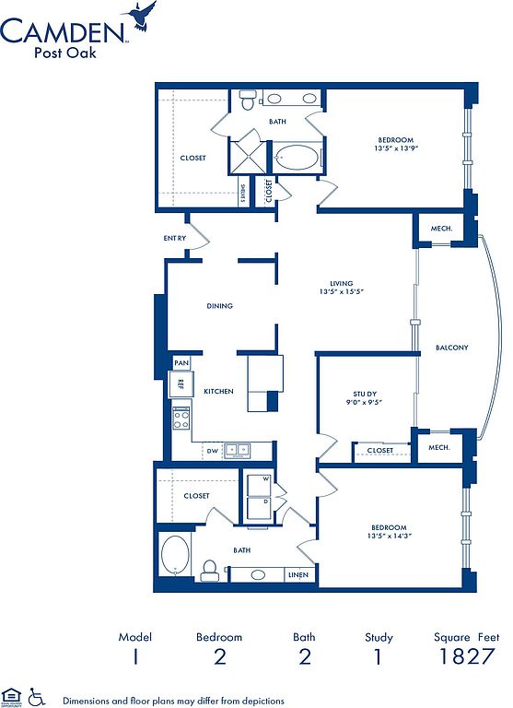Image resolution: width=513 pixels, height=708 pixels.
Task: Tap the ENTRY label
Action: pyautogui.click(x=175, y=238)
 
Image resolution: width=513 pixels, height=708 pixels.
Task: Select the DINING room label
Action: pyautogui.click(x=220, y=306)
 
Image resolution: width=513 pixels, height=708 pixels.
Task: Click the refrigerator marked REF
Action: pyautogui.click(x=181, y=383)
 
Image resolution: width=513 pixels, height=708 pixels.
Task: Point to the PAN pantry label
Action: pyautogui.click(x=181, y=362)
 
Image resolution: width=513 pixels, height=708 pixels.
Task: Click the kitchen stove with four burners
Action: pyautogui.click(x=181, y=419)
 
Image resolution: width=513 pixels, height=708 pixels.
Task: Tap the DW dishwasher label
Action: pyautogui.click(x=213, y=451)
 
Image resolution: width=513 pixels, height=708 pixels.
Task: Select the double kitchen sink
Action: pyautogui.click(x=237, y=450)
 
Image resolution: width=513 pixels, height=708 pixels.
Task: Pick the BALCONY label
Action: pyautogui.click(x=452, y=348)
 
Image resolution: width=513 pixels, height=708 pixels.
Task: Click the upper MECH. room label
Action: pyautogui.click(x=441, y=229)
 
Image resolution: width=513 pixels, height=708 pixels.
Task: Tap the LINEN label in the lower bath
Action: pyautogui.click(x=298, y=575)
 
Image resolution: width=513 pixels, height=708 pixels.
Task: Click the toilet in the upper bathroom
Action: pyautogui.click(x=247, y=100)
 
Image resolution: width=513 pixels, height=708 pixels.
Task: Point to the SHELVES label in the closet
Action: pyautogui.click(x=242, y=195)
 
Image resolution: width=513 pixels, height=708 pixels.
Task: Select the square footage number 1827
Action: pyautogui.click(x=467, y=656)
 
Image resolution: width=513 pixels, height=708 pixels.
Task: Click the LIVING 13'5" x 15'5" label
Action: pyautogui.click(x=342, y=288)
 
